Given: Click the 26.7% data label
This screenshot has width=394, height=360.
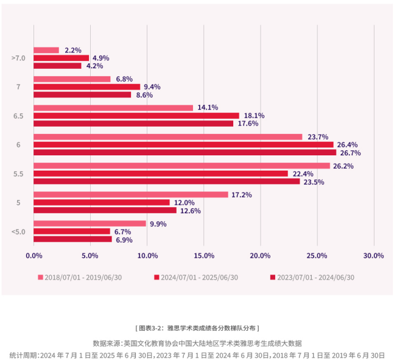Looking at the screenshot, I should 349,153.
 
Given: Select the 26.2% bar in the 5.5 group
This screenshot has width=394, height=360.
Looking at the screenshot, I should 181,166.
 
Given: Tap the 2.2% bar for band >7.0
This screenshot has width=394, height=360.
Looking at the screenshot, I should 46,50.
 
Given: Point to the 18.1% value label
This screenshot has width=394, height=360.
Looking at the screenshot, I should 254,116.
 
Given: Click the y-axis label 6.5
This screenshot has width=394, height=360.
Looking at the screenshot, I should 18,116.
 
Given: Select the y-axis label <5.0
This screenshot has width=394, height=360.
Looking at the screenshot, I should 18,231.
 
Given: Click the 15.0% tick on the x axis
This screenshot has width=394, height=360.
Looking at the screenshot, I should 204,255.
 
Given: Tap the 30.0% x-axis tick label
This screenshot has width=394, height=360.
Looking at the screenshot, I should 374,255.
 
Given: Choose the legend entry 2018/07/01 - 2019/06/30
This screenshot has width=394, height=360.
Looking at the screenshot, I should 83,277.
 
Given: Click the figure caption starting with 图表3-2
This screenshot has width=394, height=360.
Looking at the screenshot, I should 197,328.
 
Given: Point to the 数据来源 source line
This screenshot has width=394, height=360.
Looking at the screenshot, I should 197,343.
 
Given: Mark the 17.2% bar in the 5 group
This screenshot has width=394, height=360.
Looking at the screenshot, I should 131,194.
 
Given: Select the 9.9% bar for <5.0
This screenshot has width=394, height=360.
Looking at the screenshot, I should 90,224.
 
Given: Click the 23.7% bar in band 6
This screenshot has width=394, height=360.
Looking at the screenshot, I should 167,137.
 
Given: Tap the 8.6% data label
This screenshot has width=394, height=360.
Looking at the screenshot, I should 144,95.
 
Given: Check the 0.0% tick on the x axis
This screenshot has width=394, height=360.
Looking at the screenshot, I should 33,255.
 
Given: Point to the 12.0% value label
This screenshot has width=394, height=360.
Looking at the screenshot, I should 185,203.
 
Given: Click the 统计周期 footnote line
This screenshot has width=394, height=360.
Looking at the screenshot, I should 197,355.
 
